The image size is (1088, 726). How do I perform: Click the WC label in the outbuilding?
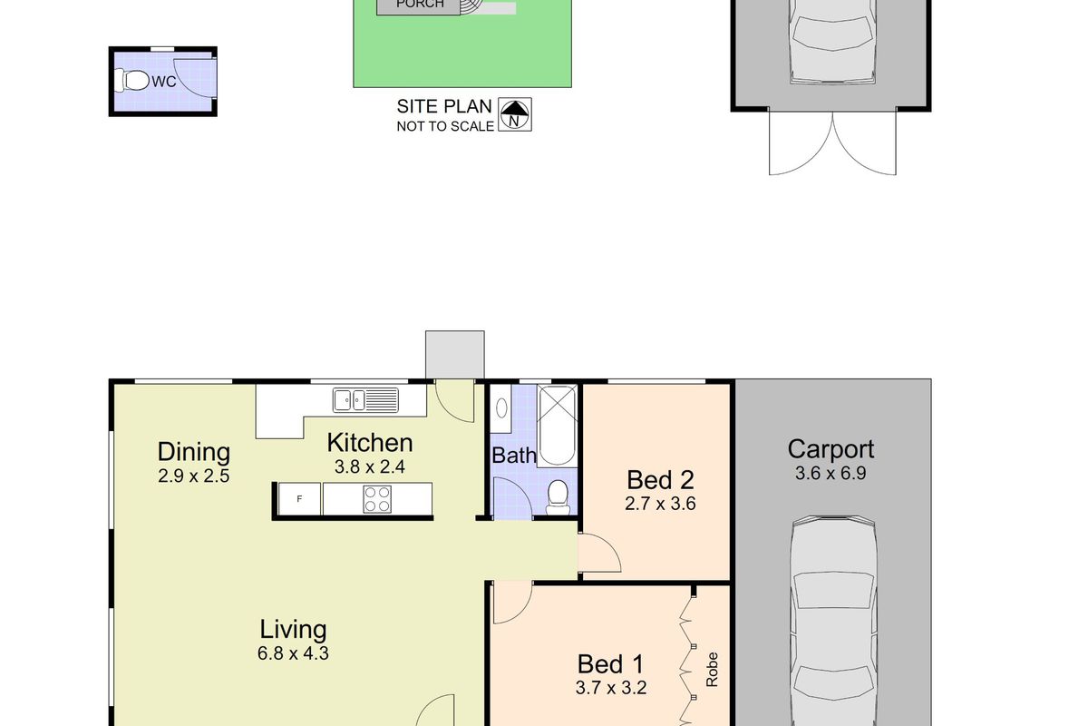point(163,82)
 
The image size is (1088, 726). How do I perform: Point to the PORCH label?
point(422,5)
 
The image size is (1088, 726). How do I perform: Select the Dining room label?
point(193,451)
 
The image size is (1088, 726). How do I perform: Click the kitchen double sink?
point(364,398)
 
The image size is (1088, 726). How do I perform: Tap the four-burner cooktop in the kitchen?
point(377,498)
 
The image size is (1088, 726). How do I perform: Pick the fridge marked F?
point(298,498)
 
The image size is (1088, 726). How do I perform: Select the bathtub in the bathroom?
point(557,425)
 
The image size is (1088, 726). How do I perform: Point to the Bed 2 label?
point(660,480)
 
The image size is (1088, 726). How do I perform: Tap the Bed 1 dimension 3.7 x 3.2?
point(609,688)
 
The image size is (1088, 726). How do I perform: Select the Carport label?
point(831,449)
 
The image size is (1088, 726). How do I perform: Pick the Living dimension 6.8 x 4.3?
point(293,652)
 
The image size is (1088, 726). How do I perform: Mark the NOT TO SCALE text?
point(445,126)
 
